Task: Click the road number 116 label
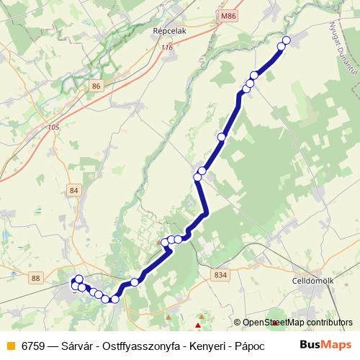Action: pos(168,48)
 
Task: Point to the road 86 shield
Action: pos(97,86)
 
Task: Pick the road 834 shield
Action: pos(220,274)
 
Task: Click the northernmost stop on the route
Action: pos(287,40)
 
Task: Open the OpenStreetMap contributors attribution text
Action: pos(297,323)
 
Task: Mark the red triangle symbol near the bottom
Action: pos(199,325)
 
